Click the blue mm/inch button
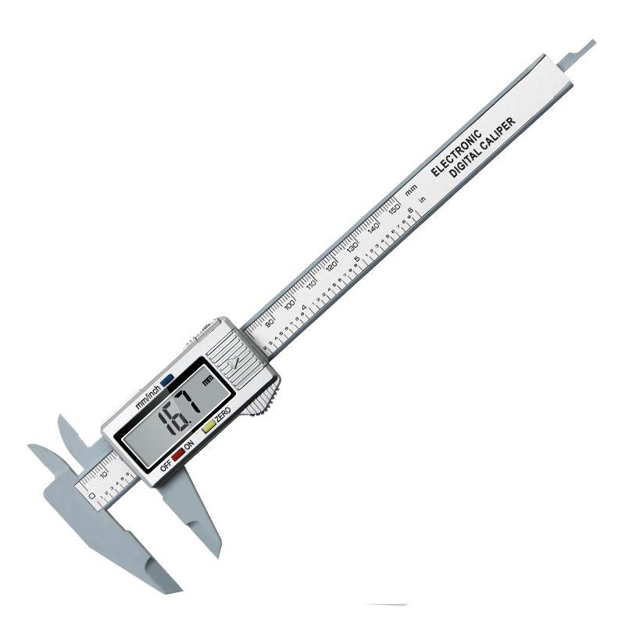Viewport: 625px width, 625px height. click(x=167, y=382)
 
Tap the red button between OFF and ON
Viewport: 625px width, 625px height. click(x=178, y=452)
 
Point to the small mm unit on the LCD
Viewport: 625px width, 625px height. click(x=208, y=380)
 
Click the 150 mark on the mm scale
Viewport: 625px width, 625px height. click(x=395, y=210)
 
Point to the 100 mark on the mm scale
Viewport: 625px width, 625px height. click(x=290, y=303)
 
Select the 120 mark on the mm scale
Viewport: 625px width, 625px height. click(x=332, y=266)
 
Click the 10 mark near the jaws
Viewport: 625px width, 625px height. click(x=103, y=471)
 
